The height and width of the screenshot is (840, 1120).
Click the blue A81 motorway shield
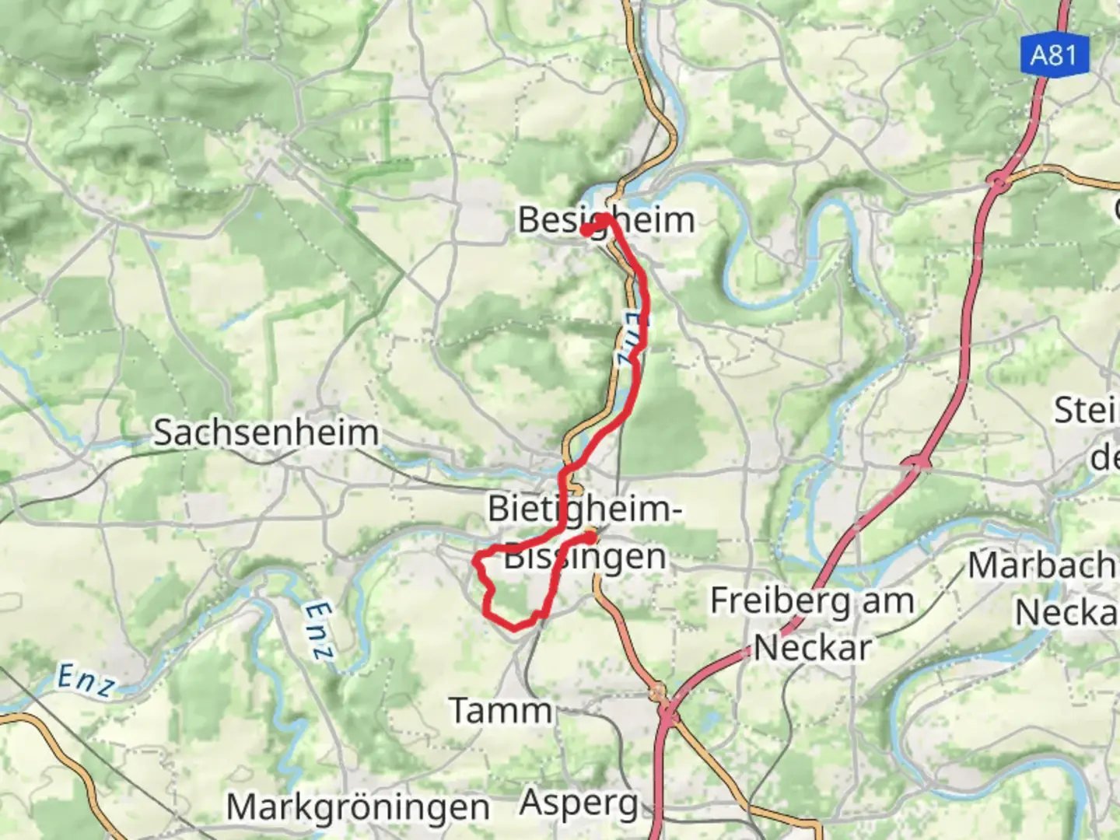pos(1054,55)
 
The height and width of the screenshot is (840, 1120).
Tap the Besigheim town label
pos(606,220)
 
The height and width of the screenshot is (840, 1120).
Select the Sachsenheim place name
pos(265,432)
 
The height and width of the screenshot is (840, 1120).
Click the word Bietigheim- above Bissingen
pos(584,509)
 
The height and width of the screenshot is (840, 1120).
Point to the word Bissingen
pos(585,557)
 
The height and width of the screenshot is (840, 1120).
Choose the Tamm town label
pos(500,710)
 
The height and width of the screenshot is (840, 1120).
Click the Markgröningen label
pos(358,807)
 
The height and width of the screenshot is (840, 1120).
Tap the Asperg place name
pos(579,803)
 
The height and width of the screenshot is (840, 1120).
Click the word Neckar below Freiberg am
pos(812,647)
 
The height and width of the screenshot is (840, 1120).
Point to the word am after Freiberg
pos(882,601)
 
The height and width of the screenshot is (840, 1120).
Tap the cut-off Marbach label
pos(1042,565)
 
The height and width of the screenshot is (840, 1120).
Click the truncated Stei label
pos(1086,410)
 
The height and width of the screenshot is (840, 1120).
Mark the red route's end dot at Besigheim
pos(586,229)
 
